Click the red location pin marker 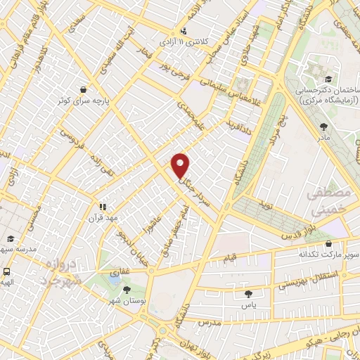click(x=181, y=165)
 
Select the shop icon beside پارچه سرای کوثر click(x=84, y=89)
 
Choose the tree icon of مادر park click(x=323, y=127)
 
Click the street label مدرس click(x=210, y=321)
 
